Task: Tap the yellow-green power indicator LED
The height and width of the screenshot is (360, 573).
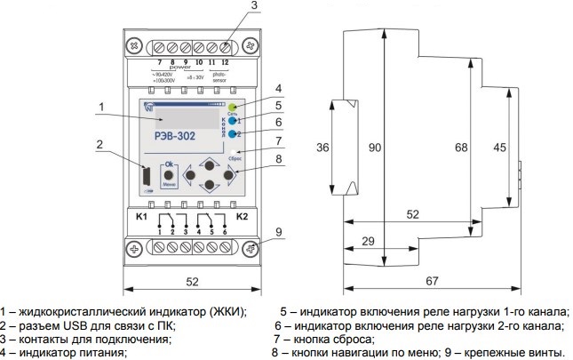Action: pos(232,108)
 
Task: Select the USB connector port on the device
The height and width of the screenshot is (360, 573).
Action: pos(143,178)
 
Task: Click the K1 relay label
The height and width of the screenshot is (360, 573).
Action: pos(141,216)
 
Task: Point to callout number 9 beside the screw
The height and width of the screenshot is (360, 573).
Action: pos(278,233)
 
